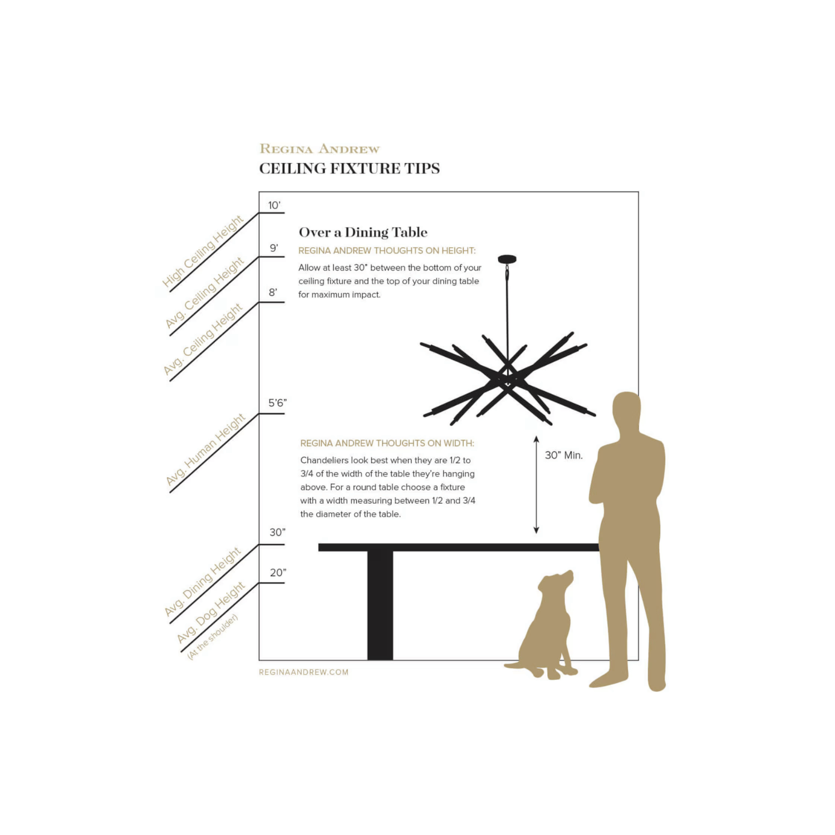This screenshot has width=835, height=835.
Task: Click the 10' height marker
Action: point(274,205)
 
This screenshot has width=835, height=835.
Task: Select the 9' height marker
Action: point(274,248)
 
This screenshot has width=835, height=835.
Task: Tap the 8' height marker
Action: point(273,293)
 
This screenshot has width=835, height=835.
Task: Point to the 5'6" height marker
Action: point(278,403)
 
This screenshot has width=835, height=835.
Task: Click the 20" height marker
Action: point(278,573)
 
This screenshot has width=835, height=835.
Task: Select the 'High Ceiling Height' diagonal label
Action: point(203,252)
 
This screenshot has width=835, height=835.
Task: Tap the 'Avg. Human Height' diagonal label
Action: point(205,450)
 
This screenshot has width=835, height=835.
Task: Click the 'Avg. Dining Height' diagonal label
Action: point(203,582)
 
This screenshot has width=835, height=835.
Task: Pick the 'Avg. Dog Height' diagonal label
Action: point(211,612)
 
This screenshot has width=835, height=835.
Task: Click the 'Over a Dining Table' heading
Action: point(363,232)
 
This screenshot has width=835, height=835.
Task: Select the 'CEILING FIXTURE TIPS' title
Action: point(350,168)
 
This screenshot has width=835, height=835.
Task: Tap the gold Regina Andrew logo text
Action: point(320,149)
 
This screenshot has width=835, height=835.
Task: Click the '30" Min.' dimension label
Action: point(564,455)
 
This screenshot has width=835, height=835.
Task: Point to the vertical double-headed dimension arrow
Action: point(536,485)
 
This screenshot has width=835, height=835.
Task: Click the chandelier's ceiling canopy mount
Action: point(507,259)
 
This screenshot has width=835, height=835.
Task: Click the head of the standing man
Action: point(627,410)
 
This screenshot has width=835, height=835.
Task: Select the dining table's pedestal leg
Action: point(380,606)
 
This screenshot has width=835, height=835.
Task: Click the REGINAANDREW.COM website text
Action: point(304,672)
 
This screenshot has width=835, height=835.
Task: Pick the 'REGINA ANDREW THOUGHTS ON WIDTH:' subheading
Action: point(387,444)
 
